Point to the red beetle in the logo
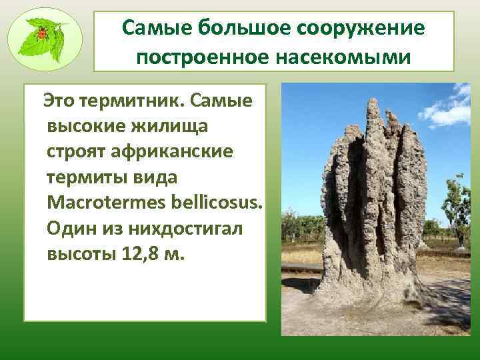click(42, 33)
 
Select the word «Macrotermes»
click(107, 203)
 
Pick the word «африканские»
click(172, 152)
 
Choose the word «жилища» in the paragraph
click(169, 127)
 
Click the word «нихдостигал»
click(185, 229)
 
